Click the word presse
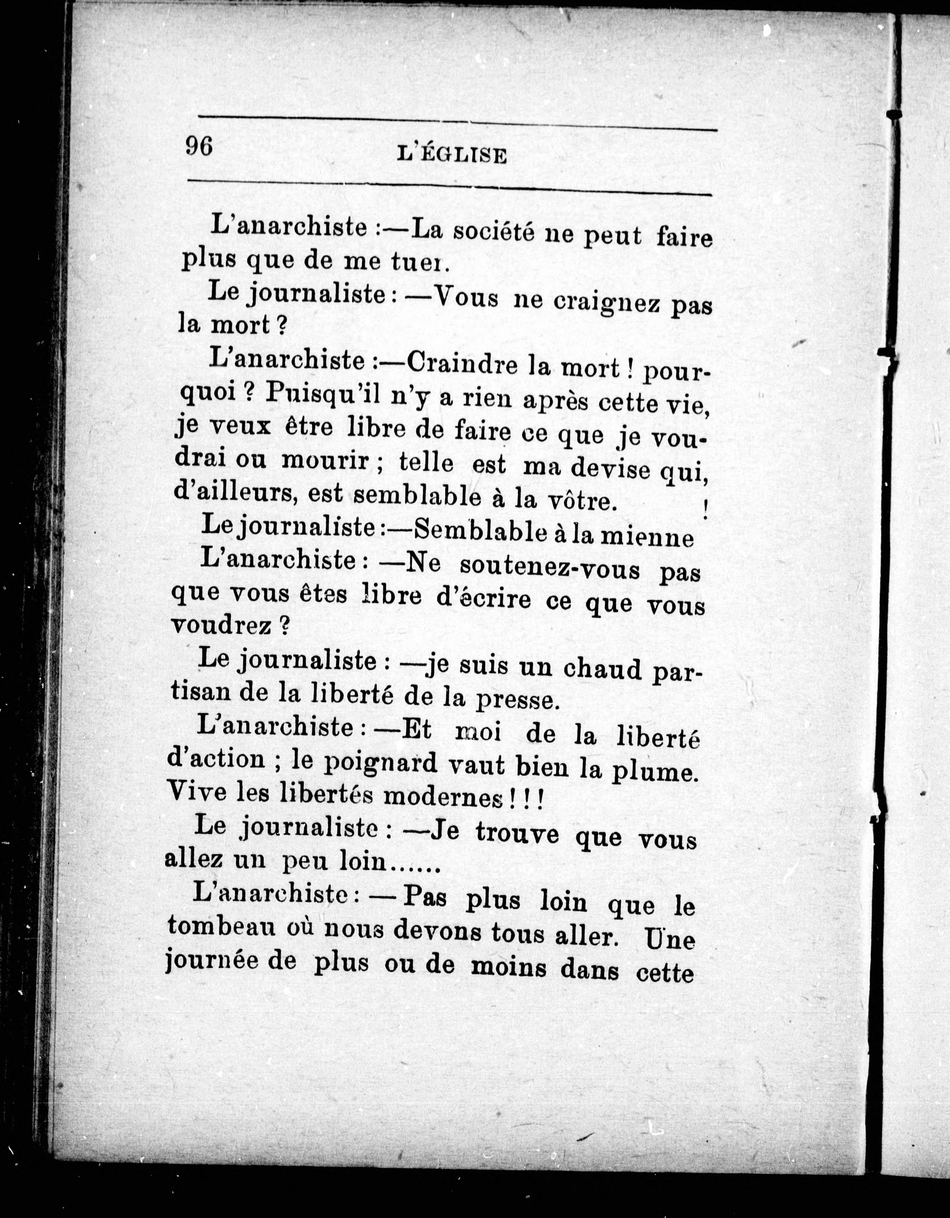(516, 700)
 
